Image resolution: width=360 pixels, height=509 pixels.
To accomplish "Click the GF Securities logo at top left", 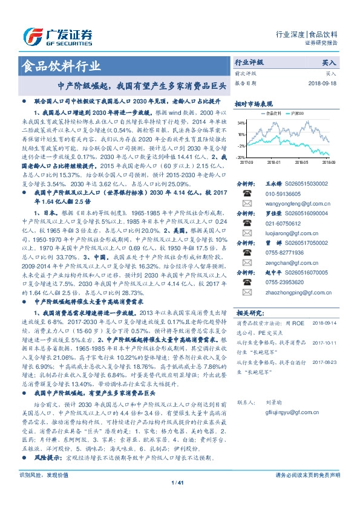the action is (x=57, y=35).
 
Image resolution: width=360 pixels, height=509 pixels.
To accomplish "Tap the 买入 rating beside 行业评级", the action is (x=329, y=63).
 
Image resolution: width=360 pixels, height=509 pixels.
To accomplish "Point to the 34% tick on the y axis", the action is (x=241, y=123).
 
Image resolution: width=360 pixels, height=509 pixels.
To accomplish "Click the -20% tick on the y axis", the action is (x=241, y=157).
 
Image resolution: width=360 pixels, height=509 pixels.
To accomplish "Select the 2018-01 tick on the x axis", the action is (x=273, y=162).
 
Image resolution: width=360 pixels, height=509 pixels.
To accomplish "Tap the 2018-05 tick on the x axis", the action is (x=302, y=162).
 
